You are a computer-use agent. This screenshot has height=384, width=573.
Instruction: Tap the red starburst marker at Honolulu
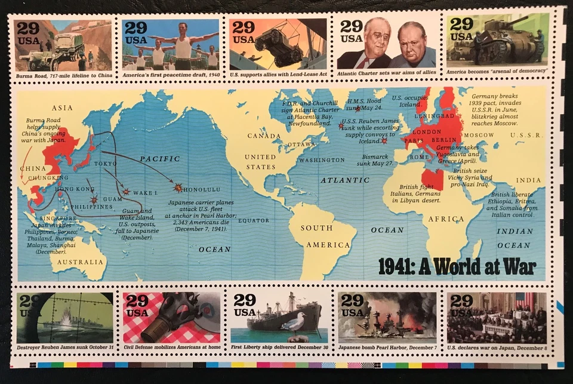tap(178, 188)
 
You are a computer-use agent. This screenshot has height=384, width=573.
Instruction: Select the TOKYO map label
tap(105, 163)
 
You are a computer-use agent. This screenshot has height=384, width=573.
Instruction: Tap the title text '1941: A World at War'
tap(457, 266)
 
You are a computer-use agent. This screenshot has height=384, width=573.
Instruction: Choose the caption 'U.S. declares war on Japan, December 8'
tap(496, 348)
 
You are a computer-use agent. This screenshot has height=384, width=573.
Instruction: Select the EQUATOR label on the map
tap(254, 220)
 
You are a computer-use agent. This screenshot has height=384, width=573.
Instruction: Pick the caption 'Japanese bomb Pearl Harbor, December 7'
tap(387, 348)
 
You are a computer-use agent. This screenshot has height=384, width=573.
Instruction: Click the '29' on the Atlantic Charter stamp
tap(352, 26)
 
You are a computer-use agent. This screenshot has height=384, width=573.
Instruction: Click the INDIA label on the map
tap(528, 180)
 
